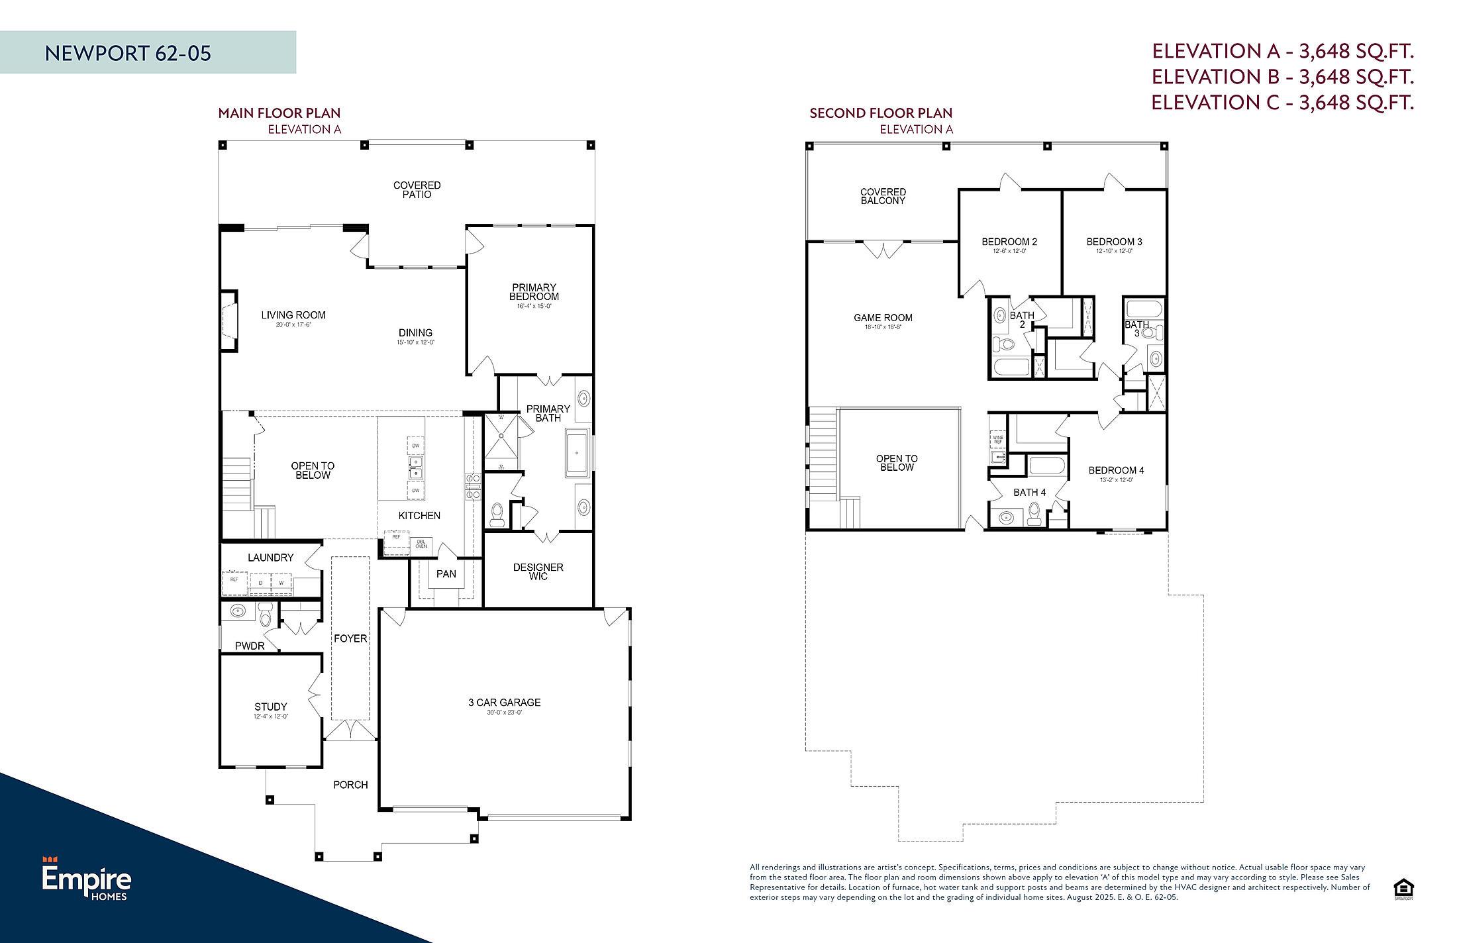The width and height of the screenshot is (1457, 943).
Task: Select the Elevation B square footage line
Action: [1282, 77]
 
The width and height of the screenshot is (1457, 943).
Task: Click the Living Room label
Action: [293, 315]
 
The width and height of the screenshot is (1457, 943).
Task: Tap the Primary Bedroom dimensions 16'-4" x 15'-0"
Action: [534, 307]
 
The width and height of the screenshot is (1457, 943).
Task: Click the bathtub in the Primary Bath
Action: [579, 453]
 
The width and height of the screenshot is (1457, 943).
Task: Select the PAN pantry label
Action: [446, 573]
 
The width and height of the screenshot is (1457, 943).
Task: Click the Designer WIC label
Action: [538, 571]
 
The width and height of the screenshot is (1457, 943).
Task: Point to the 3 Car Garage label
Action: [504, 703]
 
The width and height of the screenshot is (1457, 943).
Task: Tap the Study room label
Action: [270, 707]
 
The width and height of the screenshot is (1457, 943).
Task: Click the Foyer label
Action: [350, 638]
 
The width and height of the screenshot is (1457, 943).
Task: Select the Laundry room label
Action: [270, 558]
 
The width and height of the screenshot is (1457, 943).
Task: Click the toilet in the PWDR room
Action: [265, 615]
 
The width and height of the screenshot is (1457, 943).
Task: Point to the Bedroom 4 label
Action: [1115, 471]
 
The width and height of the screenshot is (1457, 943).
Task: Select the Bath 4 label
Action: [1029, 493]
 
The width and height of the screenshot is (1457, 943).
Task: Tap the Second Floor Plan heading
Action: [880, 113]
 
